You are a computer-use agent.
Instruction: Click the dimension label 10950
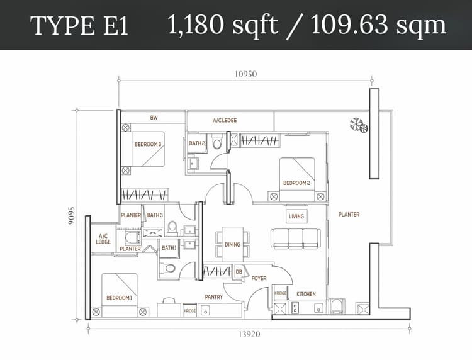click(x=245, y=74)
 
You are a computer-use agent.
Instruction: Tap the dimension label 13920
click(x=249, y=334)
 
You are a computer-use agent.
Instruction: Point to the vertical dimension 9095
click(x=71, y=216)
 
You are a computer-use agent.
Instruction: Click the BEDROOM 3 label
click(x=148, y=144)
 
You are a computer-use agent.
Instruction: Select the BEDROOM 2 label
click(x=296, y=183)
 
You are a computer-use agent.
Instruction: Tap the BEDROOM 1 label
click(x=119, y=298)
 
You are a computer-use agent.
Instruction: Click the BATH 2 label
click(x=197, y=143)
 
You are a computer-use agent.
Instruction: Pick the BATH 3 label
click(x=155, y=215)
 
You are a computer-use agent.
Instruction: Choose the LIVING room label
click(x=296, y=216)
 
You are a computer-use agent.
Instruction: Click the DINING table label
click(x=232, y=244)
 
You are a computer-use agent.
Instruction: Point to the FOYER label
click(x=259, y=278)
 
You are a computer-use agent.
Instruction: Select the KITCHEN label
click(x=306, y=294)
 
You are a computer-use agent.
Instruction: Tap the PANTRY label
click(x=214, y=297)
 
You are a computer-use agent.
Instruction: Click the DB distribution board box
click(x=239, y=272)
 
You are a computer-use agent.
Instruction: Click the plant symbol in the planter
click(x=359, y=125)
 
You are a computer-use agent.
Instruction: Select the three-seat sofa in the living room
click(x=296, y=239)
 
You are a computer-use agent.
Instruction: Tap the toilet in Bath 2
click(x=216, y=142)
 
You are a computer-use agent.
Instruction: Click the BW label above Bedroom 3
click(x=154, y=118)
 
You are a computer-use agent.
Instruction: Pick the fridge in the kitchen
click(x=280, y=293)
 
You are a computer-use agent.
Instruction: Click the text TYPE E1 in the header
click(x=79, y=26)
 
